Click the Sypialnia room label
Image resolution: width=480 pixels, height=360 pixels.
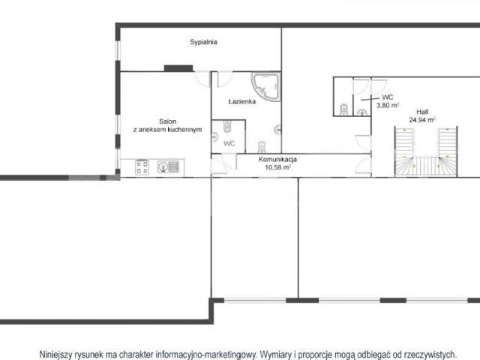coord(203,42)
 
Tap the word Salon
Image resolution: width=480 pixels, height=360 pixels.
coord(167,121)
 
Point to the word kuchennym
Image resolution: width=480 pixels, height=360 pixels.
coord(184,130)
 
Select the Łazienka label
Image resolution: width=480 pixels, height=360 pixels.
coord(241,101)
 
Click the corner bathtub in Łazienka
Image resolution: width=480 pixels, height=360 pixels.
coord(266,87)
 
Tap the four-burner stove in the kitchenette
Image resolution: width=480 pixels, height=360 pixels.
coord(142,167)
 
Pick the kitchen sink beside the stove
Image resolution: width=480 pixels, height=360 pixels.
coord(168,166)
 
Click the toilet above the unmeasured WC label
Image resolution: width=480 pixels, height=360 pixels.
coord(227,127)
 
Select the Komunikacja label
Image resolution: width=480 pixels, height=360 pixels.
coord(277,160)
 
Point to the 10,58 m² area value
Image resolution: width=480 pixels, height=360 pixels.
coord(277,167)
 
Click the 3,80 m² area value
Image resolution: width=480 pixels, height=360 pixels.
coord(387,105)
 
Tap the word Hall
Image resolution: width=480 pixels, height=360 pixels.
coord(422,112)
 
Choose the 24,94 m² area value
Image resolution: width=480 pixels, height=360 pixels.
coord(422,120)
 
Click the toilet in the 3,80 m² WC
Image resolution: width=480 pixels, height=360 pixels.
coord(343,109)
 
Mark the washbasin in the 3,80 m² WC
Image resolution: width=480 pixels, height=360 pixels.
coord(362,113)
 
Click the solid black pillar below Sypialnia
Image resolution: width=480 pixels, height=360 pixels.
coord(178,68)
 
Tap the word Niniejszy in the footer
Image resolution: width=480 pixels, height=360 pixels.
coord(55,355)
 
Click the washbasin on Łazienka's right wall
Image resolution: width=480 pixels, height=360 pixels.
coord(278,130)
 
